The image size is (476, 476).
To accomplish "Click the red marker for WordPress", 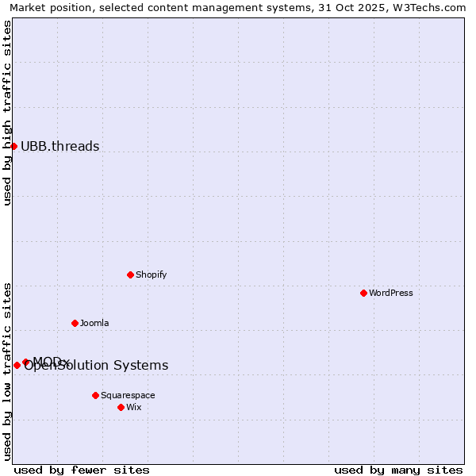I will pos(364,293).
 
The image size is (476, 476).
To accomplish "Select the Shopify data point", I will pos(131,274).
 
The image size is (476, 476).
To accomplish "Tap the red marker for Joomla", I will pos(75,323).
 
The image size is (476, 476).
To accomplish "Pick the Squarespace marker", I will pos(96,395).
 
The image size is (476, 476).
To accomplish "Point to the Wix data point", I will pos(121,407).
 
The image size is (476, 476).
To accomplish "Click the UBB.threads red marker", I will pos(13,146).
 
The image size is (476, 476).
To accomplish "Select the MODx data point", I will pos(26,362).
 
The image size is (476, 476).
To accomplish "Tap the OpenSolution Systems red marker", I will pos(17,365).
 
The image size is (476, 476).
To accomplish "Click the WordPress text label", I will pos(391,293).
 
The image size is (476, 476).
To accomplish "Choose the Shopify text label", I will pos(151,274).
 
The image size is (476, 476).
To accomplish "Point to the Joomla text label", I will pos(94,323).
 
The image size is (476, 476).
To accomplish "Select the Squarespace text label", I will pos(128,395).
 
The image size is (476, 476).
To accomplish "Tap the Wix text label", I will pos(133,407).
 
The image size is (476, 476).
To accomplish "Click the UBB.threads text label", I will pos(59,146).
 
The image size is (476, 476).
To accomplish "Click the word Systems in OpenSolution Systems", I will pos(141,366).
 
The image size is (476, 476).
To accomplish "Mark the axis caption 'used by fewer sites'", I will pos(82,470).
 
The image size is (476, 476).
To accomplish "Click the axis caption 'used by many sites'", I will pos(398,470).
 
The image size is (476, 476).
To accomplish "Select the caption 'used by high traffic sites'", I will pos(7,113).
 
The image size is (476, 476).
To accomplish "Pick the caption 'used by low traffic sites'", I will pos(7,371).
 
